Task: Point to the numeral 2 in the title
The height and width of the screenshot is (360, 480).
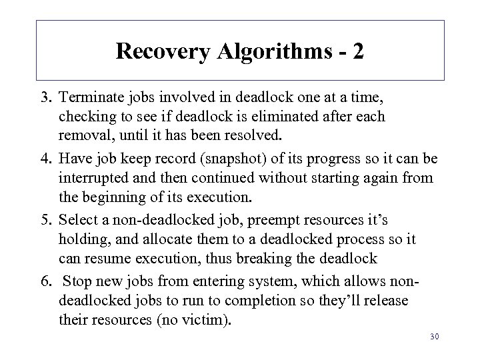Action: tap(359, 51)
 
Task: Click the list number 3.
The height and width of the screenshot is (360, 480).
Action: tap(47, 97)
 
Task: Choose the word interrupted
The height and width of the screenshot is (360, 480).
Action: tap(94, 179)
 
